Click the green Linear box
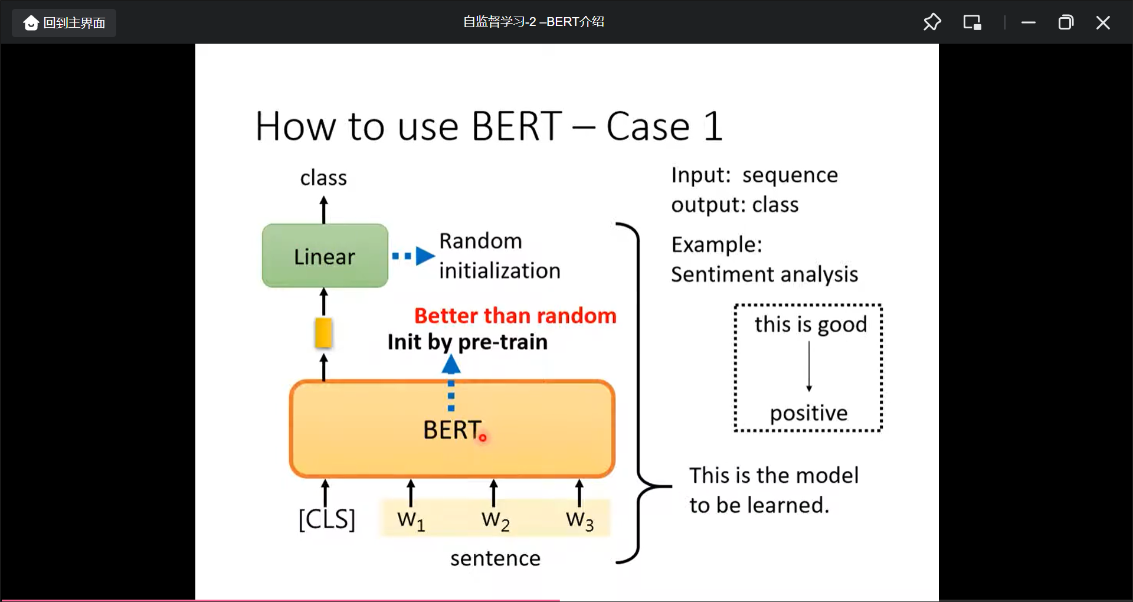click(x=325, y=256)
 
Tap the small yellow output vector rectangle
click(x=323, y=333)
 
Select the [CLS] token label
click(x=326, y=519)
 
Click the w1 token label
click(x=411, y=520)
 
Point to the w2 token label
click(x=495, y=520)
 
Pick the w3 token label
click(x=579, y=520)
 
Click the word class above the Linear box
click(x=323, y=178)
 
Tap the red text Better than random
click(x=515, y=316)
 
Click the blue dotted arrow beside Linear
click(x=413, y=256)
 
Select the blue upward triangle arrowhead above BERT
click(x=451, y=365)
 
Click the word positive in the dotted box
click(x=808, y=413)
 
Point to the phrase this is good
click(x=810, y=325)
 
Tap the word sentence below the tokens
click(x=495, y=558)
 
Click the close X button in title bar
click(x=1102, y=23)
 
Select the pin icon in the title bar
click(x=932, y=22)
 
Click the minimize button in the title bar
click(x=1029, y=23)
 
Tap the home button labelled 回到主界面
click(x=64, y=23)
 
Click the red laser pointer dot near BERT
click(x=483, y=437)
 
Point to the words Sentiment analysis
click(x=764, y=274)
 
